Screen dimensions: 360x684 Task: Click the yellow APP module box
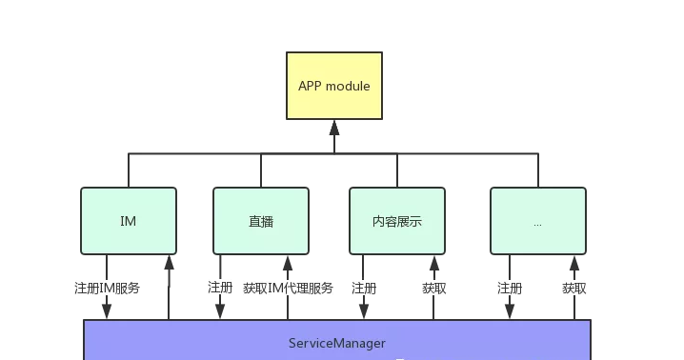point(333,86)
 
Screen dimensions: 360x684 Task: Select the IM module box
point(129,221)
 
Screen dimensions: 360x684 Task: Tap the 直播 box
point(260,221)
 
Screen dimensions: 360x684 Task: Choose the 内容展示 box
point(397,221)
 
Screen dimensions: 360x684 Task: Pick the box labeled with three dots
point(537,221)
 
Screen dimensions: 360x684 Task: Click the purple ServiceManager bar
point(337,341)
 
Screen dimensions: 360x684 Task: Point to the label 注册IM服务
point(107,288)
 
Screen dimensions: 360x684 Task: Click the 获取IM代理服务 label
point(288,288)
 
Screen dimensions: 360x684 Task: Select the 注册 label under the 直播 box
point(220,288)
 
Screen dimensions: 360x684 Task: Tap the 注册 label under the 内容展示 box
point(364,288)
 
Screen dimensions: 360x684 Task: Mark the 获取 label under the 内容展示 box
point(434,288)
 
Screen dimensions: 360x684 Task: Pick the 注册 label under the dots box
point(510,288)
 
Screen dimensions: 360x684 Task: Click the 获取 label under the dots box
point(573,288)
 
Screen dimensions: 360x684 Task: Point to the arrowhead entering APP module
point(333,127)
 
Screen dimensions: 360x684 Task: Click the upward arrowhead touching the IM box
point(169,262)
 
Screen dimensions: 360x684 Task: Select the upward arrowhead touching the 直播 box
point(287,262)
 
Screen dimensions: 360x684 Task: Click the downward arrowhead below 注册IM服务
point(107,312)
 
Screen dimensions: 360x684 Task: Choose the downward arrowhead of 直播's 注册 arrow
point(220,312)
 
